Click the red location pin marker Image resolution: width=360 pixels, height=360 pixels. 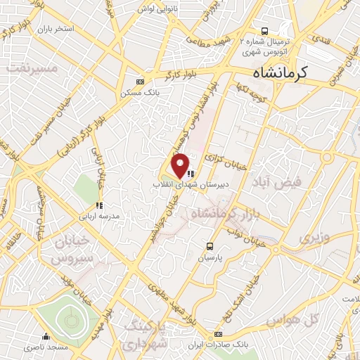(181, 165)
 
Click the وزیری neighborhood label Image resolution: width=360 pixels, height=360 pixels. (314, 238)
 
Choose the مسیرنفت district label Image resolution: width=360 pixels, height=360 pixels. (30, 68)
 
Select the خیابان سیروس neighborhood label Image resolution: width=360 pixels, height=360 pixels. (70, 249)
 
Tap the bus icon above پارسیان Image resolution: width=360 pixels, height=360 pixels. (210, 245)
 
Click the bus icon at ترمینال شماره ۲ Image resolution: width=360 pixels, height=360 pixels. (264, 31)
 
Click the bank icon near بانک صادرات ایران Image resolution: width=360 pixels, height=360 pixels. (219, 333)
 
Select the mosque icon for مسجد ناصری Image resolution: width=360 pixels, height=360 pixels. (46, 336)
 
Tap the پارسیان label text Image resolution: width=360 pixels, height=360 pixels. (210, 258)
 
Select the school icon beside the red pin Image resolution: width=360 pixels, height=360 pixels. (191, 174)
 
